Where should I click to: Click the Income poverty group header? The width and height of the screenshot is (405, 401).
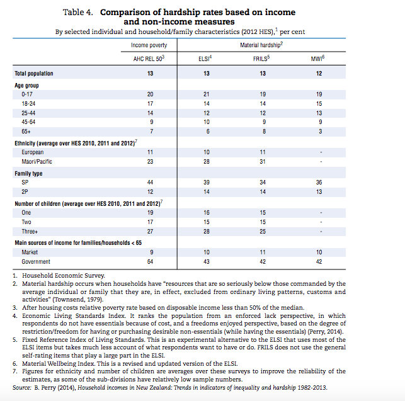point(149,45)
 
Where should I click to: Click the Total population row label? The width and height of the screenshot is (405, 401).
point(34,73)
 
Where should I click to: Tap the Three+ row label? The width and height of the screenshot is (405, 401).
point(30,231)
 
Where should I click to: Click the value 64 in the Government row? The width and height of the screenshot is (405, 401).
point(150,261)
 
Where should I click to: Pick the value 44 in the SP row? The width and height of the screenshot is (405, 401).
point(150,182)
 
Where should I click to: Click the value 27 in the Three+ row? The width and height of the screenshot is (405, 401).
point(150,231)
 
